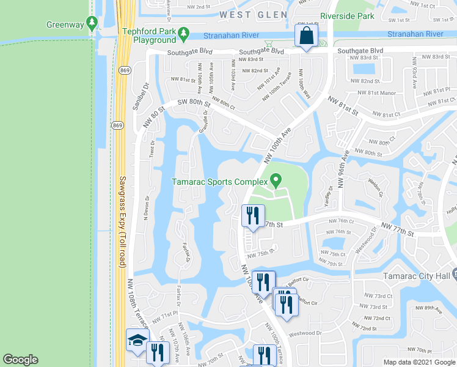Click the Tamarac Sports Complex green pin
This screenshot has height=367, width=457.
[x=276, y=181]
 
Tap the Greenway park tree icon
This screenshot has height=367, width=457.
[x=92, y=24]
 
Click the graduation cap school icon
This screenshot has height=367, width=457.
[x=137, y=341]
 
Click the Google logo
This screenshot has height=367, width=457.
[x=20, y=360]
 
